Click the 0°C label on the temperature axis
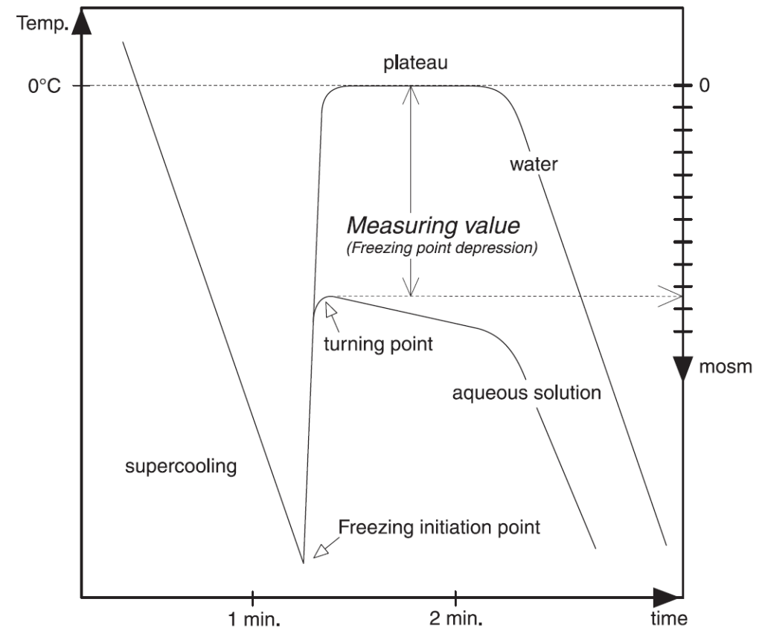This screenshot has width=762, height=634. pyautogui.click(x=44, y=86)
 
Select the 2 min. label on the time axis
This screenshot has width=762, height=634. pyautogui.click(x=455, y=619)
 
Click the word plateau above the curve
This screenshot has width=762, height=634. pyautogui.click(x=415, y=63)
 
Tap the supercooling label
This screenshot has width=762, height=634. pyautogui.click(x=182, y=467)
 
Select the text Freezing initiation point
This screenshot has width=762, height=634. pyautogui.click(x=439, y=528)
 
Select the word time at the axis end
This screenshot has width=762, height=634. pyautogui.click(x=665, y=619)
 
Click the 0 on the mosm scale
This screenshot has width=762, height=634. pyautogui.click(x=705, y=86)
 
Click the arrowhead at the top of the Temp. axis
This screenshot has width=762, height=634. pyautogui.click(x=83, y=22)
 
